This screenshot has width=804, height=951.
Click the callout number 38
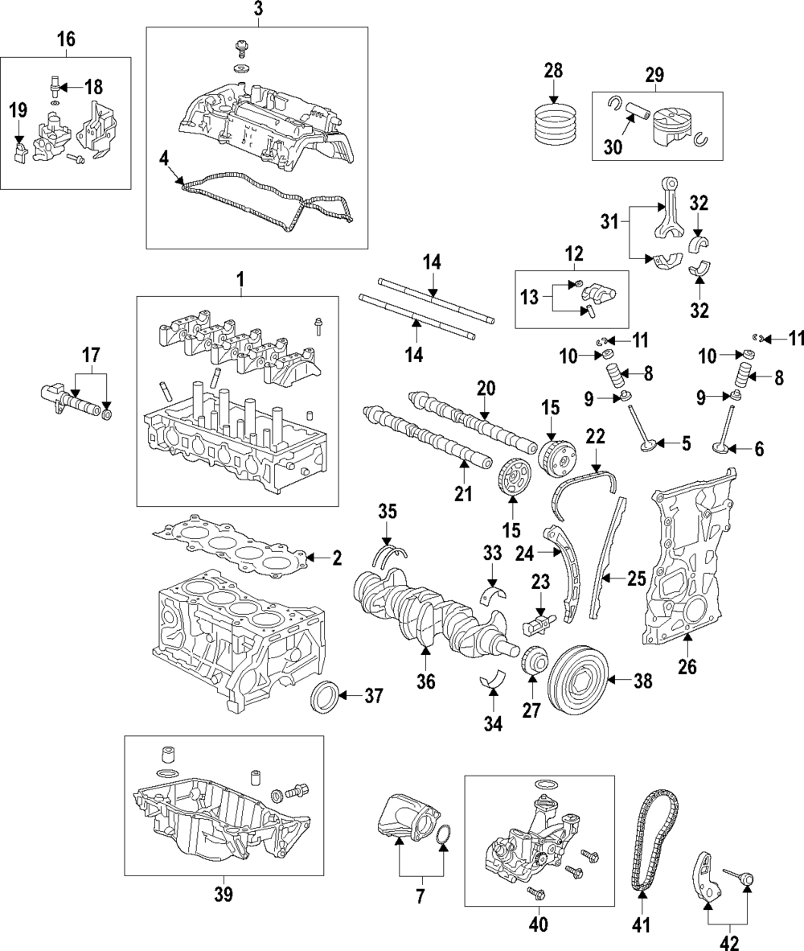tap(642, 681)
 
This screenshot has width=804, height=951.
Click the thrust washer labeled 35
tap(392, 552)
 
